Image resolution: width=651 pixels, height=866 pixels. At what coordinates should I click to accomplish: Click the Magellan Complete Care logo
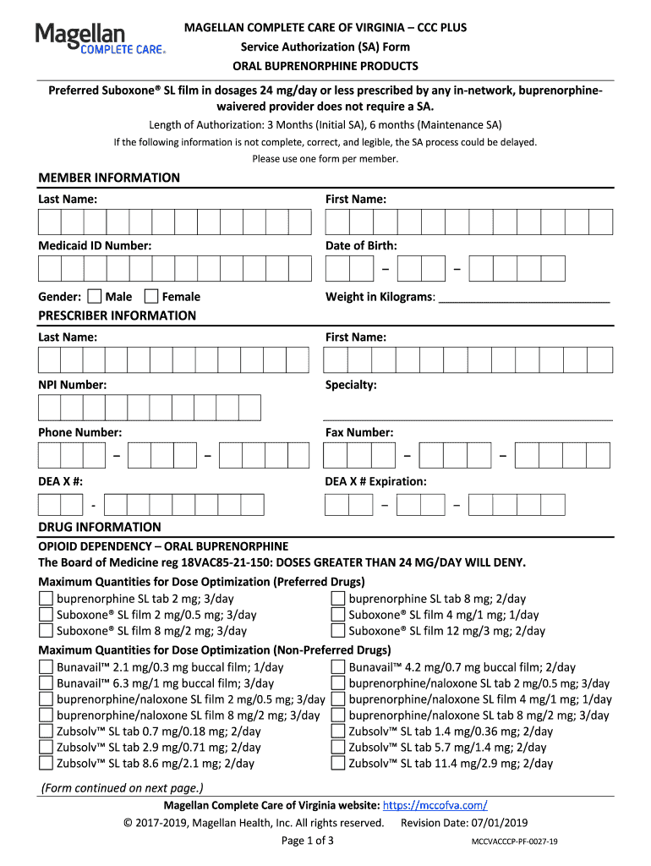[100, 40]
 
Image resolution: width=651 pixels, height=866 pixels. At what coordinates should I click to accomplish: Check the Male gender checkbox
[94, 296]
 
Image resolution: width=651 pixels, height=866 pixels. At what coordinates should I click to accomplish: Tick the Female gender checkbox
[151, 296]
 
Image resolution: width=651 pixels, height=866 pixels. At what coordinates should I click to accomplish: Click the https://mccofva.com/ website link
[435, 805]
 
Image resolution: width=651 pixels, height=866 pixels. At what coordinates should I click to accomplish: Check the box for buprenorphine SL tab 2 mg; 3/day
[46, 599]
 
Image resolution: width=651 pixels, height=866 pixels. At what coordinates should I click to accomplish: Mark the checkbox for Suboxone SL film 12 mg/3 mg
[337, 631]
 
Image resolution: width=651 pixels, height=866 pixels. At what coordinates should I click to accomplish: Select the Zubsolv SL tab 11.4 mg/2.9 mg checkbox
[337, 764]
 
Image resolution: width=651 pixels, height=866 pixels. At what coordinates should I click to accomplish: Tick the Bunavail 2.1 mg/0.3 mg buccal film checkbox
[46, 667]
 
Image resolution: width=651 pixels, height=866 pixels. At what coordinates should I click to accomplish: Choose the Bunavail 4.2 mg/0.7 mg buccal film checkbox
[337, 667]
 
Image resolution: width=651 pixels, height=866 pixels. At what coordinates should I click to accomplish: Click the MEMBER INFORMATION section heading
[109, 178]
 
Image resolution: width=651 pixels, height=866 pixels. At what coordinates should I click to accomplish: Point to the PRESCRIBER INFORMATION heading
[117, 315]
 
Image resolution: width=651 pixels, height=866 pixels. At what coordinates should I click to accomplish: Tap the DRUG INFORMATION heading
[99, 527]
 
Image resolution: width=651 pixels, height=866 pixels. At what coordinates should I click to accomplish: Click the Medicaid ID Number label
[95, 245]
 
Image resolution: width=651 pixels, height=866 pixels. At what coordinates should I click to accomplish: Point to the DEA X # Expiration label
[376, 481]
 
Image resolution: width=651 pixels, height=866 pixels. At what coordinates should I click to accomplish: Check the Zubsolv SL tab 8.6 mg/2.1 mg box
[46, 764]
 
